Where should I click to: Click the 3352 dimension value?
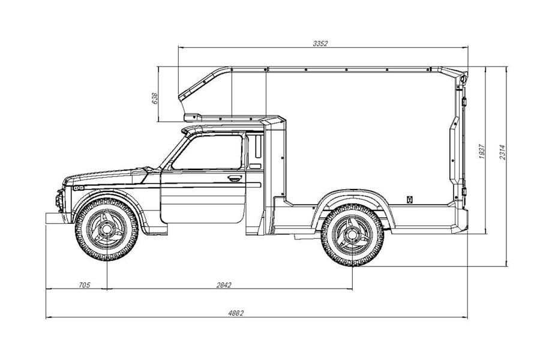click(320, 43)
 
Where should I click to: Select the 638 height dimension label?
click(155, 98)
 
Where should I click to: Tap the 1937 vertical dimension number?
click(482, 151)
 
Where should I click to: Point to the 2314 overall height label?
click(502, 152)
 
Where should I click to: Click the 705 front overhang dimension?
click(85, 284)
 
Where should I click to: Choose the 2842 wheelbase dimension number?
click(224, 285)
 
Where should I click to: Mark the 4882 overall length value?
click(236, 313)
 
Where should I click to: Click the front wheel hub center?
click(106, 229)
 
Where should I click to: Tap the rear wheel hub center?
click(352, 235)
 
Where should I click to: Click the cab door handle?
click(235, 178)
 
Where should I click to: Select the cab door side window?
click(207, 152)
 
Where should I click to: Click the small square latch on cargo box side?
click(410, 199)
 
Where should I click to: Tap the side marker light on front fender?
click(79, 188)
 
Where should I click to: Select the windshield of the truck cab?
click(173, 152)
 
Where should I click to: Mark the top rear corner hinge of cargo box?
click(463, 78)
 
